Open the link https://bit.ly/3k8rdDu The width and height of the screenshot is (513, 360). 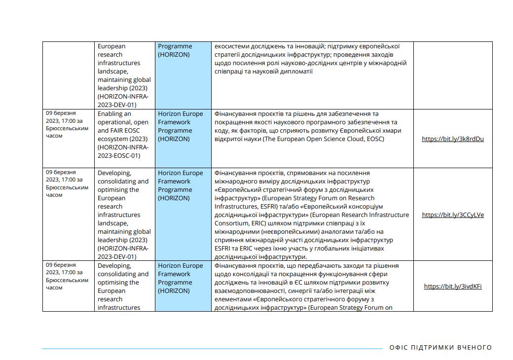coord(452,139)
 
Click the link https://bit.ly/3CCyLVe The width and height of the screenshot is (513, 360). coord(453,215)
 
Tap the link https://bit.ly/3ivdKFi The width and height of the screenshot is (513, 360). coord(453,286)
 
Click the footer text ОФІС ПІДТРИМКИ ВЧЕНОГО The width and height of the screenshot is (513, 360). coord(440,347)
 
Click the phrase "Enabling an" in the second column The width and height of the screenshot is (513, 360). coord(114,114)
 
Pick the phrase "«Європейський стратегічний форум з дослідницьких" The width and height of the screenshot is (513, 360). coord(294,190)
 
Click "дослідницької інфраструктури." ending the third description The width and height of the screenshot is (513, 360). coord(260,257)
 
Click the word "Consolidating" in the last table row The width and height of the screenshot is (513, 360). coord(123,274)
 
